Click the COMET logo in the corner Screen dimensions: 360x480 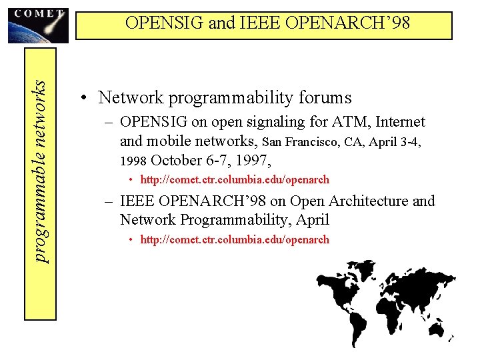tap(37, 23)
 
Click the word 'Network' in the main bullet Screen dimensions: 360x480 tap(131, 98)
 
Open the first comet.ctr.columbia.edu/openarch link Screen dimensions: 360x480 tap(235, 180)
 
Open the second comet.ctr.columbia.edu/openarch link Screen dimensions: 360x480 tap(235, 240)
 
